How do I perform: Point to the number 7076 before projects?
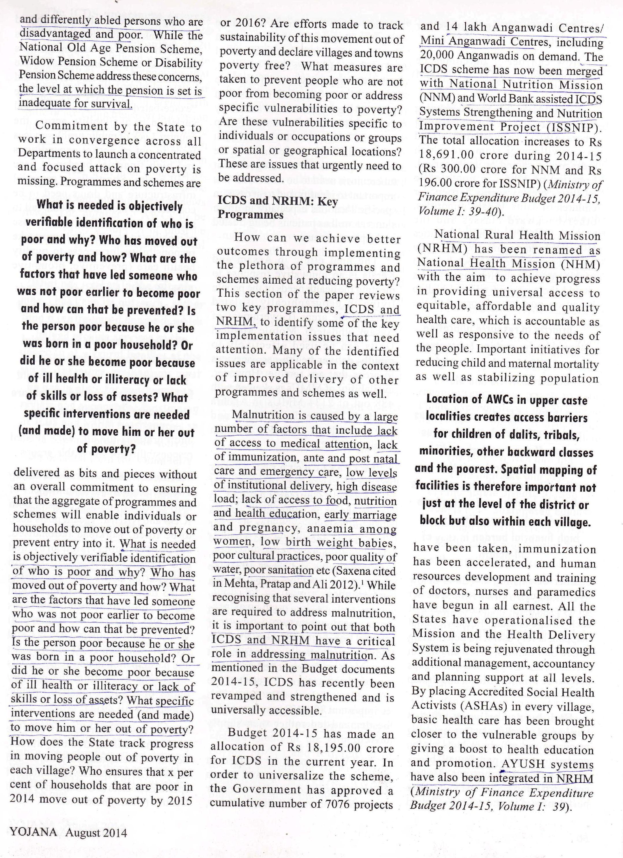click(339, 804)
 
